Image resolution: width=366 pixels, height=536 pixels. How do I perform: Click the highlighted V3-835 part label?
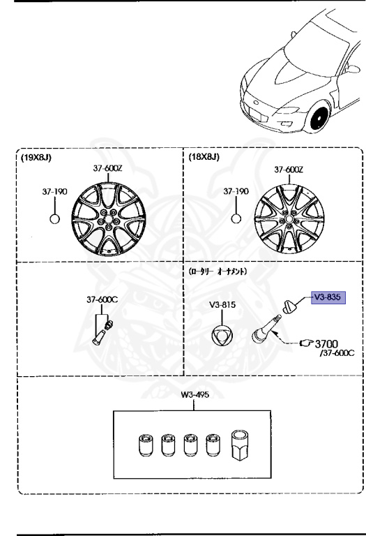tap(328, 297)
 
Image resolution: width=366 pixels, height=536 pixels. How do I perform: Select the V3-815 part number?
tap(222, 304)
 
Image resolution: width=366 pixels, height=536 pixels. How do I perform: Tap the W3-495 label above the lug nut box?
tap(195, 395)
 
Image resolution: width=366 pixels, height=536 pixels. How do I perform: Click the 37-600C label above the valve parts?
tap(102, 299)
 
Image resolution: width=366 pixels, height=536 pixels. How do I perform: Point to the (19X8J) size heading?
tap(36, 158)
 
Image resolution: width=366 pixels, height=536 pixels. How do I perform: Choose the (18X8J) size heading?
tap(204, 157)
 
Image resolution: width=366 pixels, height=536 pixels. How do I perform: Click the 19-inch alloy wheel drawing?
tap(109, 219)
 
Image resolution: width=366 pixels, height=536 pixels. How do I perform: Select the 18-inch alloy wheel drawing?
tap(289, 219)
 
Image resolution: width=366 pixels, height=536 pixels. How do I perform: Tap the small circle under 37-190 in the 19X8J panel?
tap(54, 218)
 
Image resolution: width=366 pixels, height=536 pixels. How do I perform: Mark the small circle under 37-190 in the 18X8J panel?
tap(236, 218)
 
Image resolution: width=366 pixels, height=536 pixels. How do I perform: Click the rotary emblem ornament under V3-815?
tap(222, 336)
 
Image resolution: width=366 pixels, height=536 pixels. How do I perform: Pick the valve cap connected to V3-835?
tap(290, 306)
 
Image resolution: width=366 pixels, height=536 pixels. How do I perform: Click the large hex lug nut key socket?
tap(241, 445)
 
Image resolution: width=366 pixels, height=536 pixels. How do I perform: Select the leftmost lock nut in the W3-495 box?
tap(146, 445)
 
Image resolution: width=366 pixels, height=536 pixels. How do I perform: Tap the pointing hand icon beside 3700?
tap(306, 343)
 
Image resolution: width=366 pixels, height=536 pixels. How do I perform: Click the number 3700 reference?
tap(326, 343)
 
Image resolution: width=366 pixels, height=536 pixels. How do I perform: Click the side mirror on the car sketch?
tap(353, 69)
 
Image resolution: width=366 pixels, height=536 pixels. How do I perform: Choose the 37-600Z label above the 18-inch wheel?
tap(289, 170)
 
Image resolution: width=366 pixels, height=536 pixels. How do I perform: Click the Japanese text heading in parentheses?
tap(218, 271)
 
